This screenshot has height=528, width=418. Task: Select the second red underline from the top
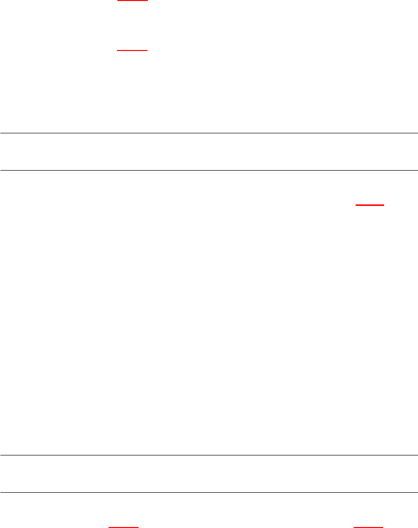tap(132, 50)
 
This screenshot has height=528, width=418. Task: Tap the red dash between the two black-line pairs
tap(369, 205)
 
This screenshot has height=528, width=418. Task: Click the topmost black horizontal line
tap(209, 133)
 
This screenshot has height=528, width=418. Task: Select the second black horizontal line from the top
tap(209, 170)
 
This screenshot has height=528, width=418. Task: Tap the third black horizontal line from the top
tap(209, 455)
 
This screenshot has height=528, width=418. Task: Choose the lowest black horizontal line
tap(209, 493)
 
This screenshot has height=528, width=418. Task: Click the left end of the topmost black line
tap(1, 133)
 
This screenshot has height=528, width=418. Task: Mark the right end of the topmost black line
tap(417, 133)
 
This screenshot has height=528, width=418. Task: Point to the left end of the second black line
tap(1, 170)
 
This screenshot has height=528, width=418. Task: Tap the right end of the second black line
tap(417, 170)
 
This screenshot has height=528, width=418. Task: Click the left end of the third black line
tap(1, 455)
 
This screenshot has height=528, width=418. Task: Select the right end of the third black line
tap(417, 455)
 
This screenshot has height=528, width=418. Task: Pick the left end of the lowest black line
tap(1, 493)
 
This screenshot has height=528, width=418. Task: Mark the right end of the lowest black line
tap(417, 493)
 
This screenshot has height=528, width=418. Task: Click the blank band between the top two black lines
tap(209, 151)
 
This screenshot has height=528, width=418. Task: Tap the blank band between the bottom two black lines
tap(209, 474)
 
